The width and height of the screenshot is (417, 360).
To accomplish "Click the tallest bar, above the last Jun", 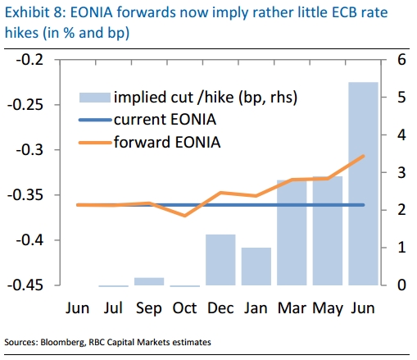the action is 363,184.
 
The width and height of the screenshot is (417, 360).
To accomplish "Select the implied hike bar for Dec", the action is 220,260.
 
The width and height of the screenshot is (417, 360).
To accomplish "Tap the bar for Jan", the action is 256,267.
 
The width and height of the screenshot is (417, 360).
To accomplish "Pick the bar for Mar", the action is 292,233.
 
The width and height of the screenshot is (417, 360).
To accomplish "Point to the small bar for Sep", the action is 149,281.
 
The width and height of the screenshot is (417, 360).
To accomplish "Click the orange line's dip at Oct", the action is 185,216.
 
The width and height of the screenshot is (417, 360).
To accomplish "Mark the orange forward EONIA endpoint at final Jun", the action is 363,156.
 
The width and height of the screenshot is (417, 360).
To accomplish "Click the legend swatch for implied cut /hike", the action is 95,98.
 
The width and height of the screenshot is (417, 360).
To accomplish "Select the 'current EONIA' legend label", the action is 165,120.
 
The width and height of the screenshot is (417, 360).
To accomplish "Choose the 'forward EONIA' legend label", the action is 167,142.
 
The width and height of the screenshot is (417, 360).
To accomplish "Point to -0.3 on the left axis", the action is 29,150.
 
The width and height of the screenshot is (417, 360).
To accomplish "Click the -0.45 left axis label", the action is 25,285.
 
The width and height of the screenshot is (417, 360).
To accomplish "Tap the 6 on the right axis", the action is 401,60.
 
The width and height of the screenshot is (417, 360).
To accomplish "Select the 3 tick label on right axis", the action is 401,172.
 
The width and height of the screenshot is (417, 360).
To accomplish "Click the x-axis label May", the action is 328,309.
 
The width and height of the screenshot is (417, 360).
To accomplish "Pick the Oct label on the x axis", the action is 184,308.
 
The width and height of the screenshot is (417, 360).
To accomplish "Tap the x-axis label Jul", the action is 113,308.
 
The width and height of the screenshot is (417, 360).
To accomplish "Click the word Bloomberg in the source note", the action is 63,343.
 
